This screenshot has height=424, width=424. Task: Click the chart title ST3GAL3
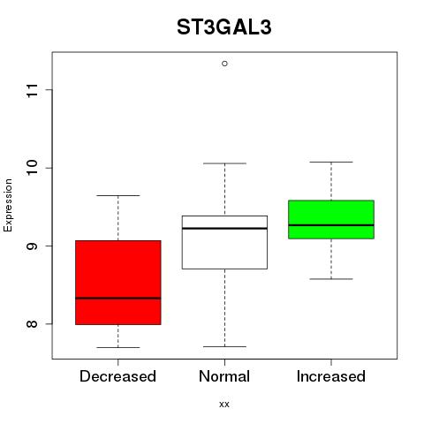223,27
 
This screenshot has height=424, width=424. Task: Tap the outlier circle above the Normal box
224,64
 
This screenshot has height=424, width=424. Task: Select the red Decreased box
118,283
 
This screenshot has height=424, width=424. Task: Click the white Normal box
224,242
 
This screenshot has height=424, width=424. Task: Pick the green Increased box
331,219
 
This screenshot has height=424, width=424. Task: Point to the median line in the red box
118,299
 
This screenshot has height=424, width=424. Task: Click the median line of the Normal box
224,228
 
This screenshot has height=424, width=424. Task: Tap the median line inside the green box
331,225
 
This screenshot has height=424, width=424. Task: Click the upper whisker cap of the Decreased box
118,195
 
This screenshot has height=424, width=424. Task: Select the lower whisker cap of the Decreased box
118,347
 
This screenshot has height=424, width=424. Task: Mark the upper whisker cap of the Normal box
224,163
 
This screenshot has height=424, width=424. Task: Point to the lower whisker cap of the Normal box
224,346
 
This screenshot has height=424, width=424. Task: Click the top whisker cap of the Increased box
331,162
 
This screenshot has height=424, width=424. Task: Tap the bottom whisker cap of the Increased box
331,279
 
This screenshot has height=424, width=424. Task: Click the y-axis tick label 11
33,90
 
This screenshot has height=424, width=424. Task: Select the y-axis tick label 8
33,324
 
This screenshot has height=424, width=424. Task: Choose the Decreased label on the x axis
117,376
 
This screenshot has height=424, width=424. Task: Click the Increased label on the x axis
331,376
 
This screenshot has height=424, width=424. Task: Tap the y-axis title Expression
8,205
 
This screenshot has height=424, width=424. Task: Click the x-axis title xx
224,404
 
